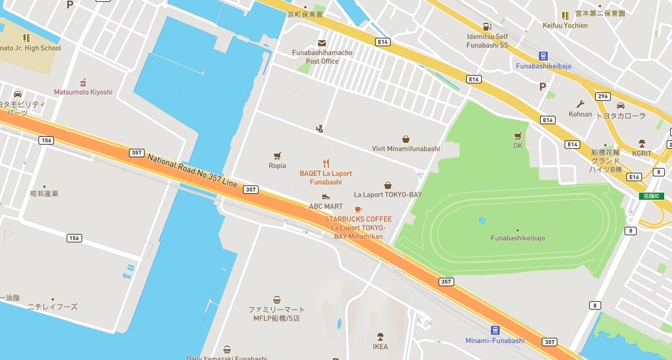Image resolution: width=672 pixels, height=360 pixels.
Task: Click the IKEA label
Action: (380, 347)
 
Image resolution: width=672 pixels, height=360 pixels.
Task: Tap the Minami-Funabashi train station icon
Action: (495, 330)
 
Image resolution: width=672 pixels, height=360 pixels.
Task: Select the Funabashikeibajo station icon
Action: (543, 55)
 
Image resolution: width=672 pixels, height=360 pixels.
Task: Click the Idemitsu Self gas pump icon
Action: (487, 26)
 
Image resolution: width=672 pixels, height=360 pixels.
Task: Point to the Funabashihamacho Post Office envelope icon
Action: (322, 43)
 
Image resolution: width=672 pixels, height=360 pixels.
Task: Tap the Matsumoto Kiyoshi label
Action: (83, 92)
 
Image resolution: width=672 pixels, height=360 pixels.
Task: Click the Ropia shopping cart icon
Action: (277, 155)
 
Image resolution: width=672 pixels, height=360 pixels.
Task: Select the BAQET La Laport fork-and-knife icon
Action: (326, 163)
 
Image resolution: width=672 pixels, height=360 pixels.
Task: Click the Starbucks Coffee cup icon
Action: (358, 209)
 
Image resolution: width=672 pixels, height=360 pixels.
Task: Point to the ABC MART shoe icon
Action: (326, 197)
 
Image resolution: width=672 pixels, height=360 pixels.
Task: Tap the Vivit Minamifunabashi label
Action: (406, 149)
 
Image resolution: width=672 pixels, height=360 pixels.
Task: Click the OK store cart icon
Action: (518, 136)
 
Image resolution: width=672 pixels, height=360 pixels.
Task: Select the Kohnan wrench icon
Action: (580, 104)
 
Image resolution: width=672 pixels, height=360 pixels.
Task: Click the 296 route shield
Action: (603, 97)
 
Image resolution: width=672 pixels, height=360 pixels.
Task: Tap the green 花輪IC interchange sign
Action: (651, 196)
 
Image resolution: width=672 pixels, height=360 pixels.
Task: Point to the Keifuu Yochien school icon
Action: (565, 16)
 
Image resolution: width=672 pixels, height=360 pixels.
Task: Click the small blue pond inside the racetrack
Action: (482, 220)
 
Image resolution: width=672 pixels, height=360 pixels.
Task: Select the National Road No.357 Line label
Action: (192, 169)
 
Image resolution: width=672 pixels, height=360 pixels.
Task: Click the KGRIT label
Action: (641, 154)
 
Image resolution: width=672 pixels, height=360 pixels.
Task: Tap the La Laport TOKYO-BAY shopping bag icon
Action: (388, 185)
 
